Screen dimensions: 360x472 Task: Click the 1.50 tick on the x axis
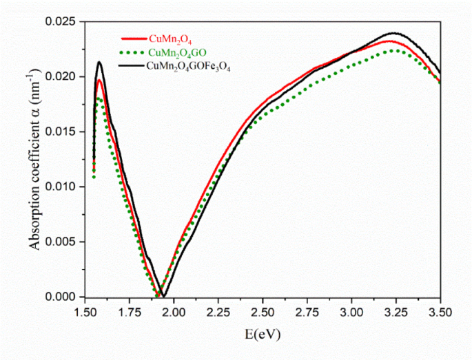point(85,312)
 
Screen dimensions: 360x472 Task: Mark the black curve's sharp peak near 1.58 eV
point(99,63)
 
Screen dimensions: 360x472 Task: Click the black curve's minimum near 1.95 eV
point(163,296)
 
